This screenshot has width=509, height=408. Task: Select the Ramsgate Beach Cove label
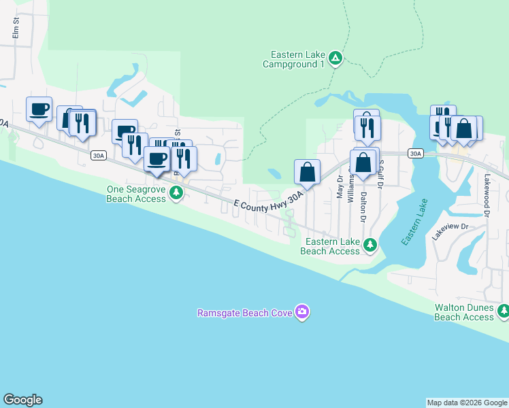(244, 313)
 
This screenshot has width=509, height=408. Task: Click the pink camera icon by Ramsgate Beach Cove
(302, 313)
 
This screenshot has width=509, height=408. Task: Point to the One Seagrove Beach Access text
(136, 194)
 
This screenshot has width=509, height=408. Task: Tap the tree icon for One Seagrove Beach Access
(176, 194)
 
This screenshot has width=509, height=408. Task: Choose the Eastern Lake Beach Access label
(332, 246)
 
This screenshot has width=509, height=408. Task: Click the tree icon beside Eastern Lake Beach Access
(370, 245)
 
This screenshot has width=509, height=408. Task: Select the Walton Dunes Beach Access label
(464, 312)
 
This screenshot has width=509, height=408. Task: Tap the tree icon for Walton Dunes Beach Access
(503, 311)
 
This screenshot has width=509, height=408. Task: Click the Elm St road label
(15, 29)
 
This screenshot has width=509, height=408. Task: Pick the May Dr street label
(339, 189)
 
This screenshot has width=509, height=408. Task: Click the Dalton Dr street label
(363, 207)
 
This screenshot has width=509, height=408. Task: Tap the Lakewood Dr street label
(487, 194)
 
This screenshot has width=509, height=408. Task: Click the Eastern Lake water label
(414, 222)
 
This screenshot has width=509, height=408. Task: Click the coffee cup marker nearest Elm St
(39, 109)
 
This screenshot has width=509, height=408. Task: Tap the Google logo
(22, 400)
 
